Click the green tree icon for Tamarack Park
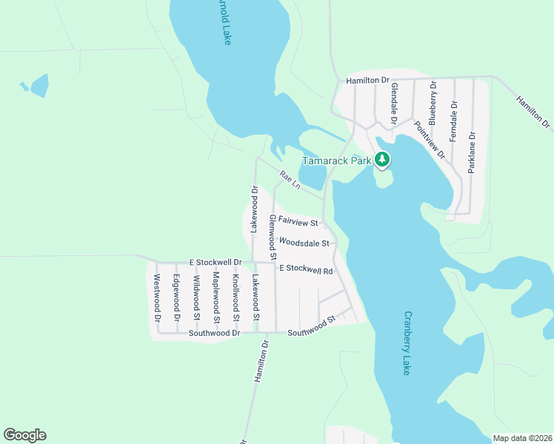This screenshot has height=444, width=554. pyautogui.click(x=382, y=159)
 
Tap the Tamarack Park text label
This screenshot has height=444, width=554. pyautogui.click(x=337, y=161)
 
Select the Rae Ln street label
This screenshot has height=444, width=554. pyautogui.click(x=289, y=180)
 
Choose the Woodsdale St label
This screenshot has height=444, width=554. pyautogui.click(x=304, y=243)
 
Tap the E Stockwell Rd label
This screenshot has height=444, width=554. pyautogui.click(x=306, y=269)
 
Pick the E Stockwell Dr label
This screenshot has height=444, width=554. pyautogui.click(x=216, y=263)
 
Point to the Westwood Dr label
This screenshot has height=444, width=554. pyautogui.click(x=157, y=298)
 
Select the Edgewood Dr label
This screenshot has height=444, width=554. pyautogui.click(x=176, y=297)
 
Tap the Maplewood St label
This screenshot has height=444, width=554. pyautogui.click(x=216, y=297)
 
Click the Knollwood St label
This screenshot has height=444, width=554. pyautogui.click(x=236, y=298)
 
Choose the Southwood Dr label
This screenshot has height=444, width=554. pyautogui.click(x=215, y=333)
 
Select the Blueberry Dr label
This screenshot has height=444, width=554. pyautogui.click(x=433, y=103)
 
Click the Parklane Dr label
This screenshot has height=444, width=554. pyautogui.click(x=472, y=152)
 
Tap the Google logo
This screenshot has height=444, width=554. pyautogui.click(x=24, y=435)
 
